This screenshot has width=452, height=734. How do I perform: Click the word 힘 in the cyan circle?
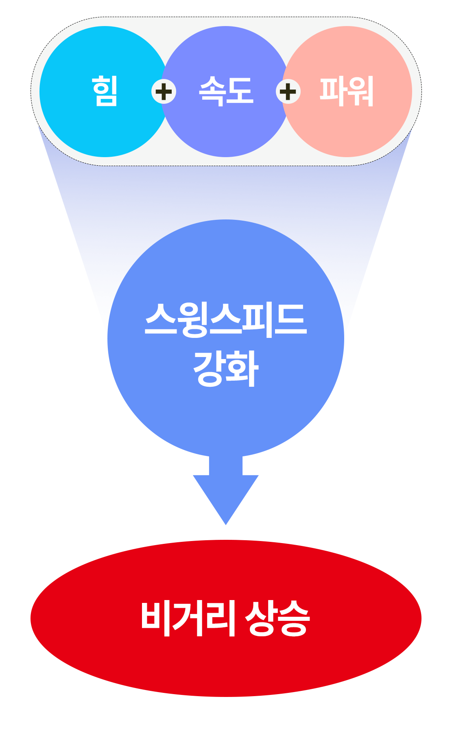click(105, 91)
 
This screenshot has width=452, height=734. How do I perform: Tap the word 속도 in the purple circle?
click(226, 91)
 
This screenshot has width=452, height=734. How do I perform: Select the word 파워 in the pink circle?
click(347, 91)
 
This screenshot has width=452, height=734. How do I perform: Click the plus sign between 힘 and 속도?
click(164, 92)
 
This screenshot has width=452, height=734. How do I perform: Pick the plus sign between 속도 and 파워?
click(288, 92)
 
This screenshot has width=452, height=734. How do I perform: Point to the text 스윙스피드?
click(226, 320)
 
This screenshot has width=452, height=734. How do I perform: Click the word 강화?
click(226, 368)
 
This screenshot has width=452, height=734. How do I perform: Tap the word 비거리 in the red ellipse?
click(188, 618)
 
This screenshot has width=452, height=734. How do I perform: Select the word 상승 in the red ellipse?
click(277, 618)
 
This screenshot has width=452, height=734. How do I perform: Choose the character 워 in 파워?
click(360, 91)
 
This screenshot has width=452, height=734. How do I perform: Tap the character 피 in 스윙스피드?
click(258, 320)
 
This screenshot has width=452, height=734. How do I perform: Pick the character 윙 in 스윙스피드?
click(193, 320)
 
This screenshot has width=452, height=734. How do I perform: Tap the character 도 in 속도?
click(240, 91)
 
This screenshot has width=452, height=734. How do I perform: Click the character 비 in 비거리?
click(155, 618)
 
